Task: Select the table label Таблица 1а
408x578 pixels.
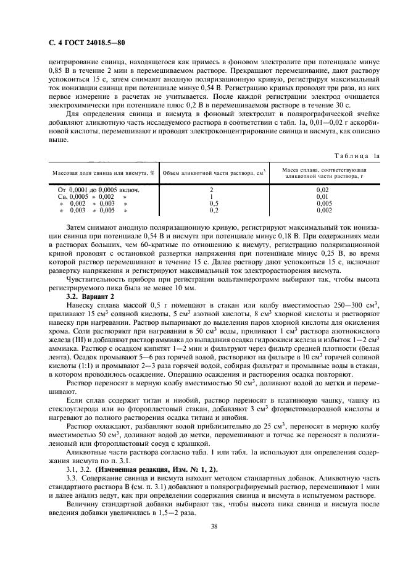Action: point(361,157)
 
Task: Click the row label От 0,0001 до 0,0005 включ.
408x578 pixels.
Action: point(98,190)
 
